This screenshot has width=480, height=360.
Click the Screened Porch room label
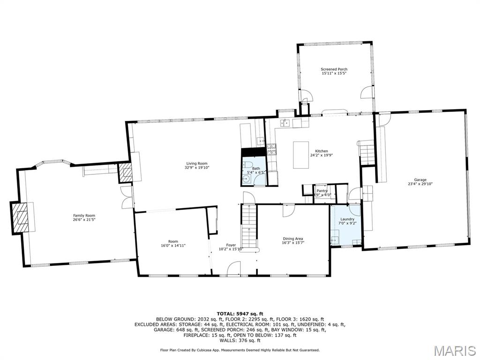tap(334, 69)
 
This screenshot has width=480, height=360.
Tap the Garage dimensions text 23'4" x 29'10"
tap(420, 184)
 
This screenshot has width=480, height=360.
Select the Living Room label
tap(196, 163)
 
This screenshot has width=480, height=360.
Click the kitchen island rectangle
tap(301, 155)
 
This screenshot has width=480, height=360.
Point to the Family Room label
tap(84, 216)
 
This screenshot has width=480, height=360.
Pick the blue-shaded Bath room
tap(254, 171)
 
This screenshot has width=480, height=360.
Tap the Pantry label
tap(322, 191)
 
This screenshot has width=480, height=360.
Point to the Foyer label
tap(231, 245)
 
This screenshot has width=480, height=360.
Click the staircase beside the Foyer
tap(250, 227)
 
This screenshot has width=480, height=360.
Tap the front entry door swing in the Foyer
tap(233, 269)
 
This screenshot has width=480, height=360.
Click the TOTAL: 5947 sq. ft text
tap(240, 313)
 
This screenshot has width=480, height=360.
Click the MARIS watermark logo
tap(454, 350)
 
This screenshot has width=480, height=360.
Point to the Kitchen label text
tap(322, 151)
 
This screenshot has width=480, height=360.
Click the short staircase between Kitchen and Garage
tap(367, 152)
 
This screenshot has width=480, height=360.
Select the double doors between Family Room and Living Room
tap(126, 197)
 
